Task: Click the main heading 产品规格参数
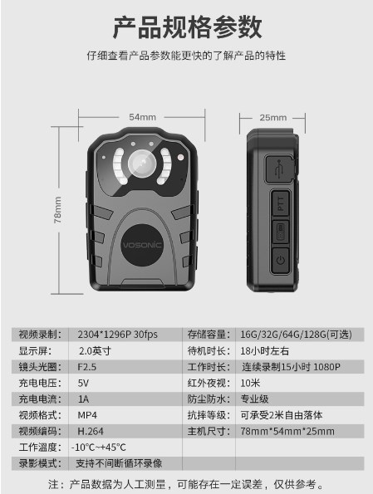[187, 27]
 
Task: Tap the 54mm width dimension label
[142, 117]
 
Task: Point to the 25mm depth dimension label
[273, 118]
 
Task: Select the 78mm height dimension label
[57, 210]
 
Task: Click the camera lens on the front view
[142, 164]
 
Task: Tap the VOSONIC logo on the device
[142, 245]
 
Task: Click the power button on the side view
[280, 260]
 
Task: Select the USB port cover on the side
[280, 169]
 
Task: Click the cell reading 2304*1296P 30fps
[118, 335]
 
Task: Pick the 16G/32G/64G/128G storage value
[296, 335]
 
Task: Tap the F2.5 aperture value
[86, 367]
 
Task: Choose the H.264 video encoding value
[91, 431]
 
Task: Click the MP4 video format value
[87, 415]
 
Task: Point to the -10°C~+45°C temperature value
[98, 447]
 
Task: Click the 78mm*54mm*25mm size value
[287, 431]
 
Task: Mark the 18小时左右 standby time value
[264, 350]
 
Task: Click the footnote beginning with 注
[186, 484]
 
